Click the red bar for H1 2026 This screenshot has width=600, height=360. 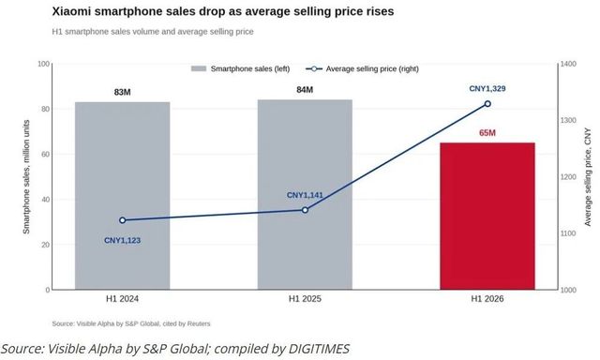coord(487,217)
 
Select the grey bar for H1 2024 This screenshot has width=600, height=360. coord(123,196)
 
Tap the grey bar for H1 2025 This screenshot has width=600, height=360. coord(305,195)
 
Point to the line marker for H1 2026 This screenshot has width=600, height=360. coord(487,104)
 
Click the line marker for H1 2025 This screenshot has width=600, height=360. coord(305,210)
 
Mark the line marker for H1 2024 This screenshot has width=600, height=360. coord(123,220)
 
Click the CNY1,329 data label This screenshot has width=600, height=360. coord(487,89)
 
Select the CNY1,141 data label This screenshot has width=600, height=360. coord(305,195)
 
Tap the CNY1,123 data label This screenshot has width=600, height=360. coord(123,241)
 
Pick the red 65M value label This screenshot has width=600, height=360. coord(487,133)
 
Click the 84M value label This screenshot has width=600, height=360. coord(305,90)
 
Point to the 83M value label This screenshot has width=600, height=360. coord(123,92)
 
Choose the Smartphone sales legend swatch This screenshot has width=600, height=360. coord(199,68)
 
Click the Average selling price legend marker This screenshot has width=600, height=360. coord(314,68)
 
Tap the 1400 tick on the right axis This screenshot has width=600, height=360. coord(569,64)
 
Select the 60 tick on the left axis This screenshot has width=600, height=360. coord(46,154)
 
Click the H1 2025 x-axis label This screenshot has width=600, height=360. coord(305,299)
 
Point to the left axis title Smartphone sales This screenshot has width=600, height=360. coord(26,177)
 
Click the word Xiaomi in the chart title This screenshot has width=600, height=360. coord(71,11)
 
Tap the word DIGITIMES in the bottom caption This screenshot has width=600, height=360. coord(319,349)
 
